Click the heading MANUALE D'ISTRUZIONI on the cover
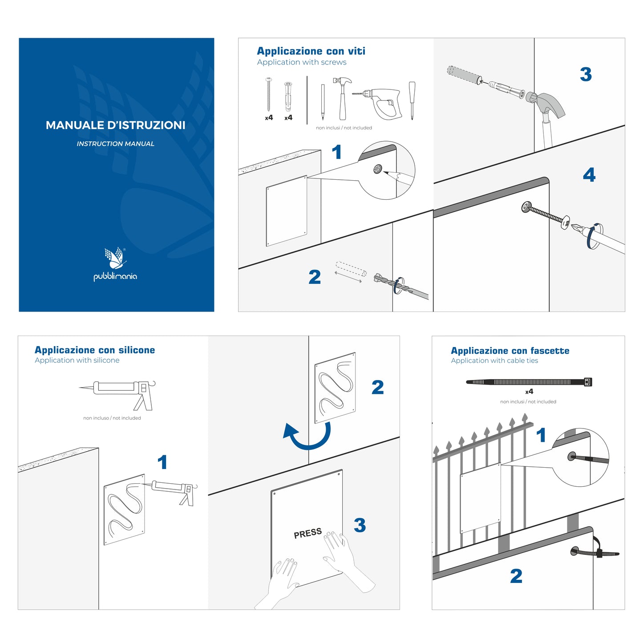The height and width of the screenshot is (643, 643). click(x=115, y=125)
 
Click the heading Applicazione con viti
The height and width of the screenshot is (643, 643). click(x=311, y=51)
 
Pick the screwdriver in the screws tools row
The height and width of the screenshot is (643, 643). click(x=412, y=100)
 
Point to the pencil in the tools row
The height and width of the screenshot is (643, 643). click(x=323, y=102)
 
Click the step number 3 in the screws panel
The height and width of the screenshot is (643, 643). click(x=586, y=74)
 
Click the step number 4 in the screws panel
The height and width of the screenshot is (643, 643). click(x=589, y=175)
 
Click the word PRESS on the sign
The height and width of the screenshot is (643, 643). click(x=307, y=533)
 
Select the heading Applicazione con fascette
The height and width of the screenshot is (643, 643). click(x=510, y=351)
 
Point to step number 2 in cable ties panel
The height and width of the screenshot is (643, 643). click(x=516, y=576)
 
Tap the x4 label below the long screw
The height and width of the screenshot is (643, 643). click(x=269, y=118)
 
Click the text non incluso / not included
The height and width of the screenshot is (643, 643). click(x=112, y=418)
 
